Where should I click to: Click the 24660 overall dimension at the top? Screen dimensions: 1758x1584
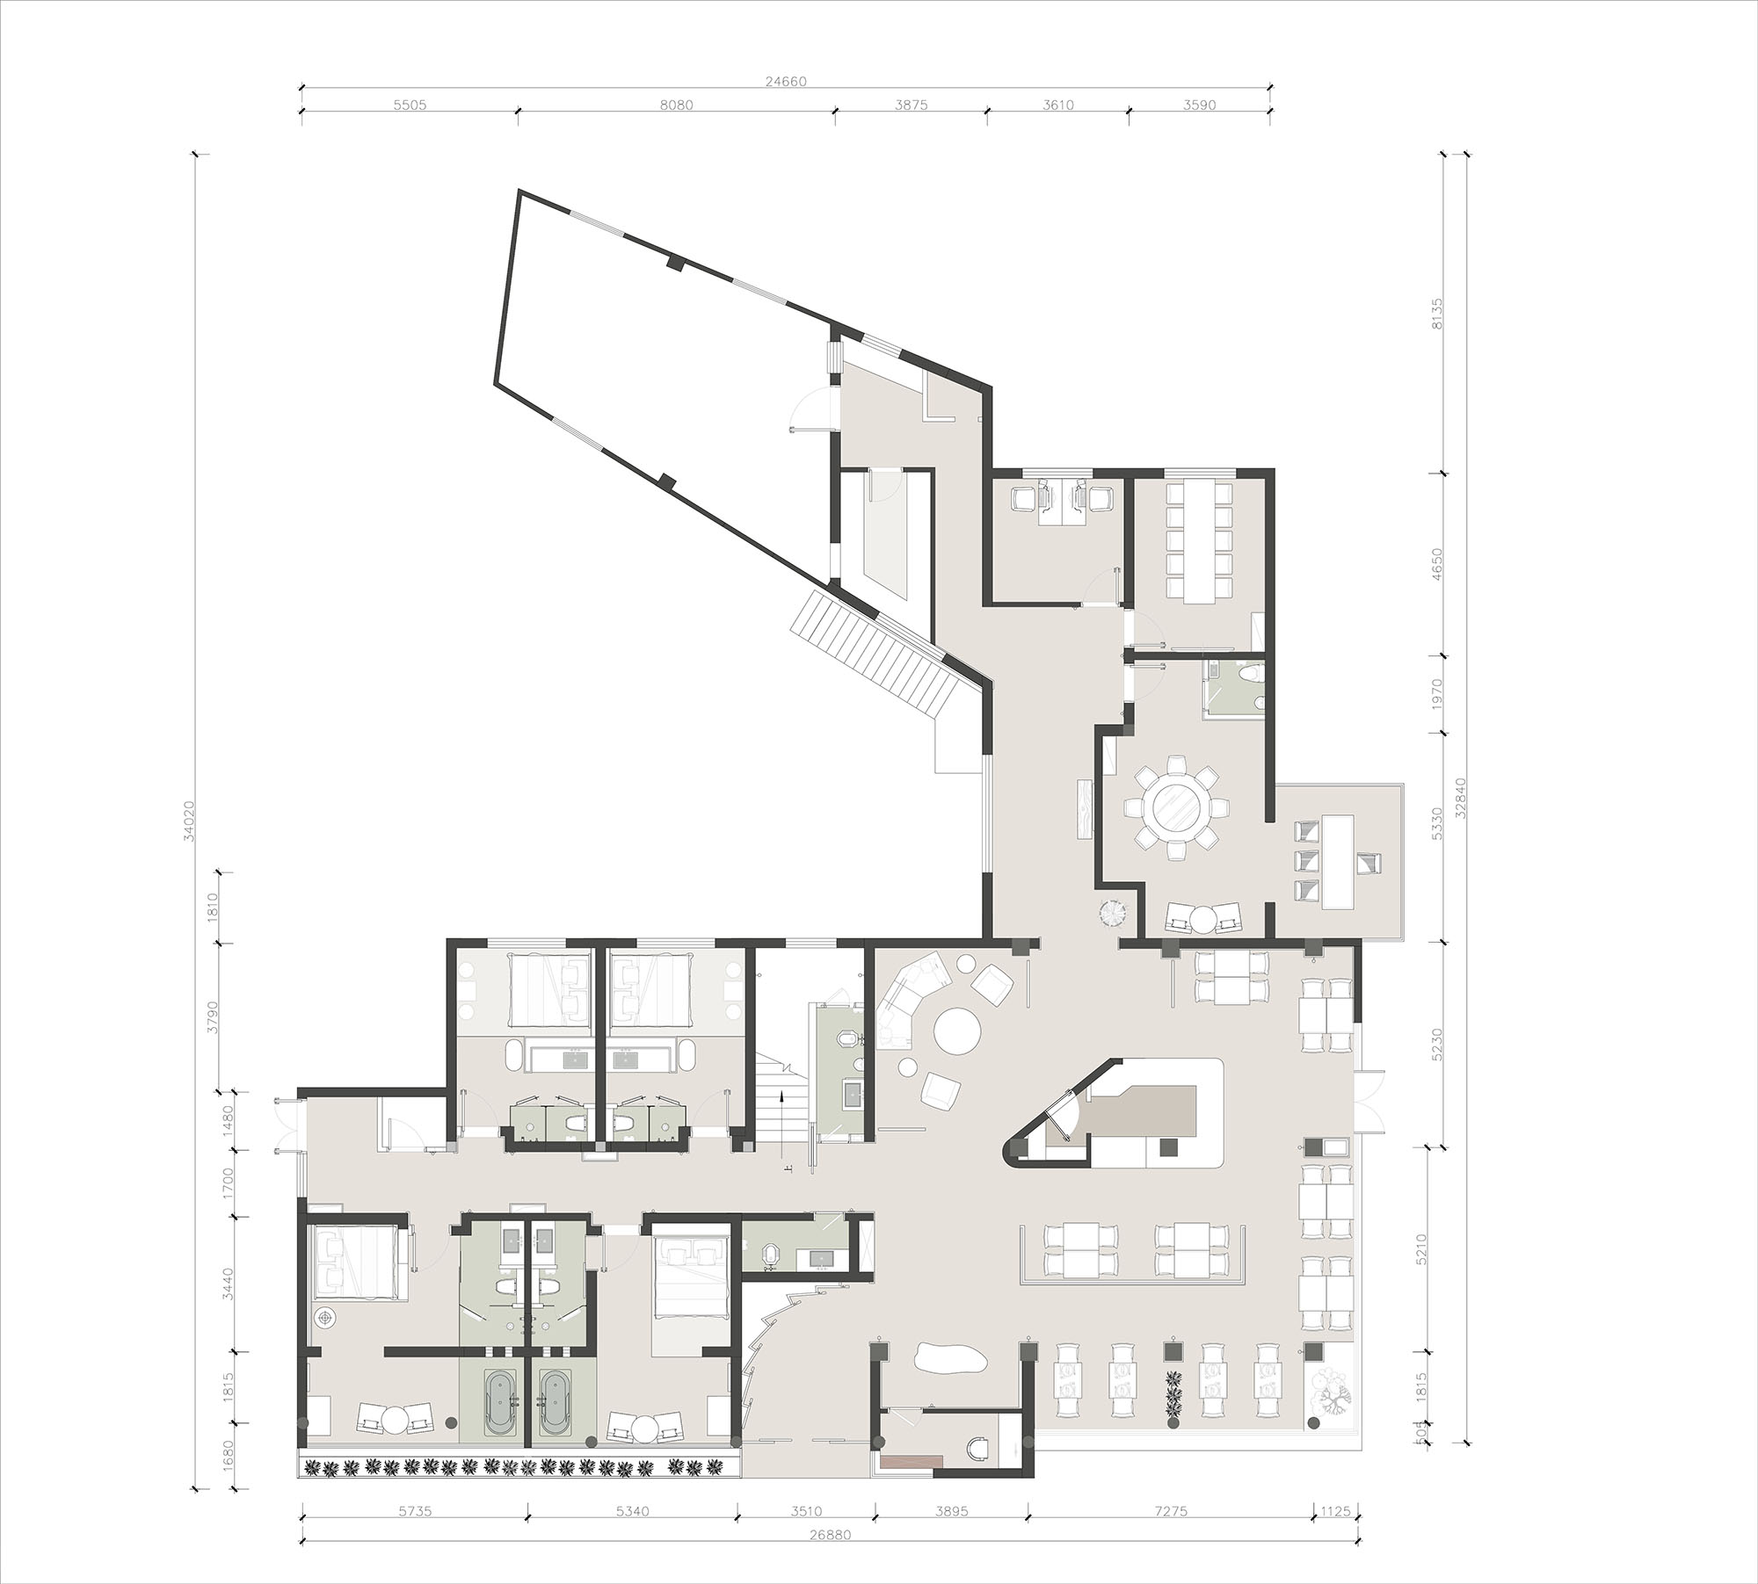click(x=785, y=81)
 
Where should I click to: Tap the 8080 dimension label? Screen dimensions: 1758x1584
click(x=676, y=105)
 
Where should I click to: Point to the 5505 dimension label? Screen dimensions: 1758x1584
click(x=410, y=105)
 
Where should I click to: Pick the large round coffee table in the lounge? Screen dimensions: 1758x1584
click(x=957, y=1030)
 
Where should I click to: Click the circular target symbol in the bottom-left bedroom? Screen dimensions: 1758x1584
click(x=326, y=1318)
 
